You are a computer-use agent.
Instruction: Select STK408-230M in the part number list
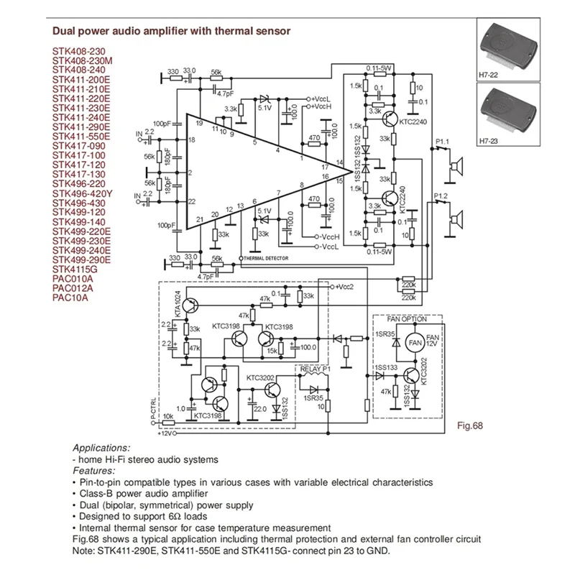tap(81, 61)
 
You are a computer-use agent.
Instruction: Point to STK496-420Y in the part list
tap(80, 193)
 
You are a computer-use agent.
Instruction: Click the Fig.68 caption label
tap(470, 425)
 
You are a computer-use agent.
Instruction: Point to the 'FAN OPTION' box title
tap(407, 318)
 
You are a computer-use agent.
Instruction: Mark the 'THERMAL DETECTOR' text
tap(266, 257)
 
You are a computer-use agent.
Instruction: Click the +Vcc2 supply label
tap(343, 286)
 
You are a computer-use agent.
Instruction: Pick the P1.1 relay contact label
tap(441, 142)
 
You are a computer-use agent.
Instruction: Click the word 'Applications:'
tap(102, 447)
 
